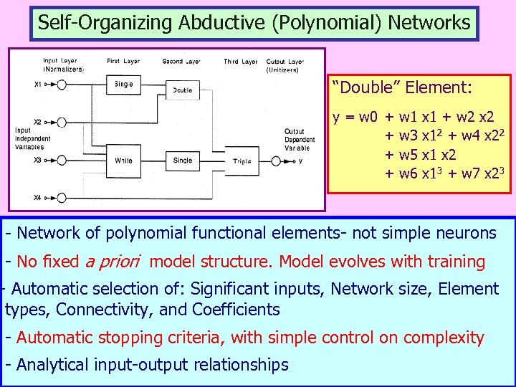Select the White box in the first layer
tap(124, 160)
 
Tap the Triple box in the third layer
tap(242, 161)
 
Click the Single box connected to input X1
tap(124, 85)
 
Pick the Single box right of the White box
tap(183, 160)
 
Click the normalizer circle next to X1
tap(62, 85)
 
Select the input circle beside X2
tap(62, 123)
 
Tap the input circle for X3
tap(62, 160)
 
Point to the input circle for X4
tap(62, 198)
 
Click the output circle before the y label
tap(276, 161)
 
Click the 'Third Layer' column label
tap(240, 62)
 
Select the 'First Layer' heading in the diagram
tap(123, 62)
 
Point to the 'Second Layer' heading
tap(181, 62)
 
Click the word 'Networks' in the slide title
tap(429, 22)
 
